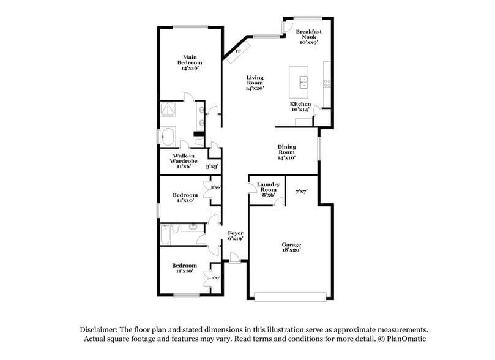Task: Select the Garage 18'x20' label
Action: (291, 247)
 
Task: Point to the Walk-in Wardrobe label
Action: (182, 160)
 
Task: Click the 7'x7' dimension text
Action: (301, 192)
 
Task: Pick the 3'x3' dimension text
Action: (212, 166)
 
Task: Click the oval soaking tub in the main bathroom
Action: (169, 135)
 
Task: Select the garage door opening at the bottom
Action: (291, 297)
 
